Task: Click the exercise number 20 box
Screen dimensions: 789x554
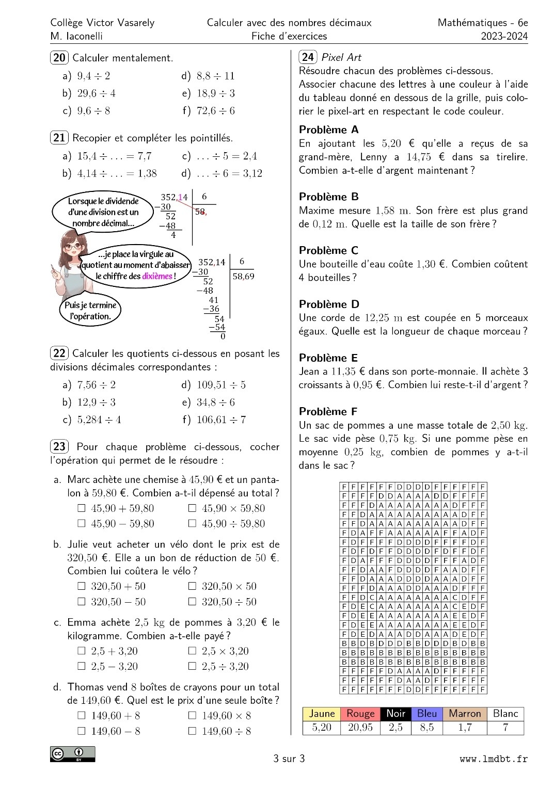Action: click(x=59, y=58)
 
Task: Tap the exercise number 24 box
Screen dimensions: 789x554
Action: click(x=308, y=57)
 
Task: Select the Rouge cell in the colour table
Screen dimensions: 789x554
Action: click(x=360, y=714)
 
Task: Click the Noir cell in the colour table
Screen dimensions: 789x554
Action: click(x=395, y=714)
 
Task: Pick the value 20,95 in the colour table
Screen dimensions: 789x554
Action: click(x=360, y=728)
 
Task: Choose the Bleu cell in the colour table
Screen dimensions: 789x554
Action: click(x=427, y=714)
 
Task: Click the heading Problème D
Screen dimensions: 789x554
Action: click(x=329, y=304)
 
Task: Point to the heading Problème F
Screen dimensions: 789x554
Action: click(x=328, y=411)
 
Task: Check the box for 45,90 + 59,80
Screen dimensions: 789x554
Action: click(x=81, y=508)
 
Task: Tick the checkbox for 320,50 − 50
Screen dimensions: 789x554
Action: click(x=81, y=602)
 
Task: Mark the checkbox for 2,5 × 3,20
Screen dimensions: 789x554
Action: click(x=192, y=651)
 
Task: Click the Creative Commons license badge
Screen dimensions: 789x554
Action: click(x=72, y=754)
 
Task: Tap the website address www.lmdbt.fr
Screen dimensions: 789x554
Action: click(x=494, y=759)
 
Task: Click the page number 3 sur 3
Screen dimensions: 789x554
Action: click(x=289, y=759)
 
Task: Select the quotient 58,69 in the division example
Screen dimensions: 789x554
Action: click(x=243, y=276)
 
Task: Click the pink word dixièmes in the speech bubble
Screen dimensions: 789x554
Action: click(x=157, y=276)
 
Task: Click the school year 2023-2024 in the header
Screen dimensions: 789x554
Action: click(x=504, y=36)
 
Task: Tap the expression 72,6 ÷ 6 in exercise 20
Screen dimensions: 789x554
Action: click(x=215, y=111)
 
